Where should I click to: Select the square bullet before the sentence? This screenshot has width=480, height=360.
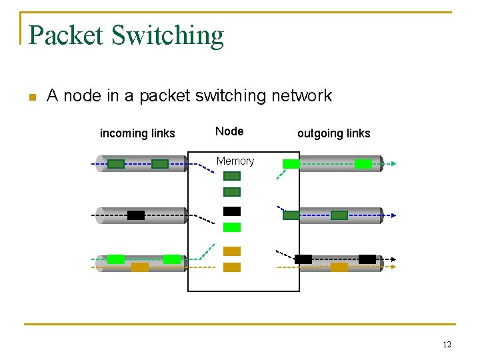tap(31, 97)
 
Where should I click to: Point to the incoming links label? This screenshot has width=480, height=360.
tap(137, 133)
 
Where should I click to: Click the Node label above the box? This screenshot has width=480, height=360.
tap(229, 131)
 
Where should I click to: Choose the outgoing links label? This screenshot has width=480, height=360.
tap(333, 133)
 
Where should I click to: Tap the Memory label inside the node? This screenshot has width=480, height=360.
tap(235, 161)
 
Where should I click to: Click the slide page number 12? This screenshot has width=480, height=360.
tap(447, 345)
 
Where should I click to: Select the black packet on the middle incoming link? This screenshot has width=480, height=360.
tap(136, 215)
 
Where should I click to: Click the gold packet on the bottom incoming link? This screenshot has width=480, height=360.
tap(140, 267)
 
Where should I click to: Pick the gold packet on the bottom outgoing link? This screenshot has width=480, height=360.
tap(339, 267)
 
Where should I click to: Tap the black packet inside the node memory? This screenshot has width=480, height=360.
tap(232, 211)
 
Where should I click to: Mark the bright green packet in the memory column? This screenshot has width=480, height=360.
tap(232, 227)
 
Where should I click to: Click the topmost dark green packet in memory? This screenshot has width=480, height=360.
tap(232, 176)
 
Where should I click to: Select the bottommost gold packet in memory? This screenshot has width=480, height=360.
tap(232, 267)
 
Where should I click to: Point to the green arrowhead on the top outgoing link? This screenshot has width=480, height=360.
tap(393, 163)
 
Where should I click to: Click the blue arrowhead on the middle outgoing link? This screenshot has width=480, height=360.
tap(393, 215)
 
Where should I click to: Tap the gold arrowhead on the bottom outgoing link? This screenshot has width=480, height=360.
tap(393, 267)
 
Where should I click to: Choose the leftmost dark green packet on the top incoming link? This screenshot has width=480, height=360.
tap(116, 164)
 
